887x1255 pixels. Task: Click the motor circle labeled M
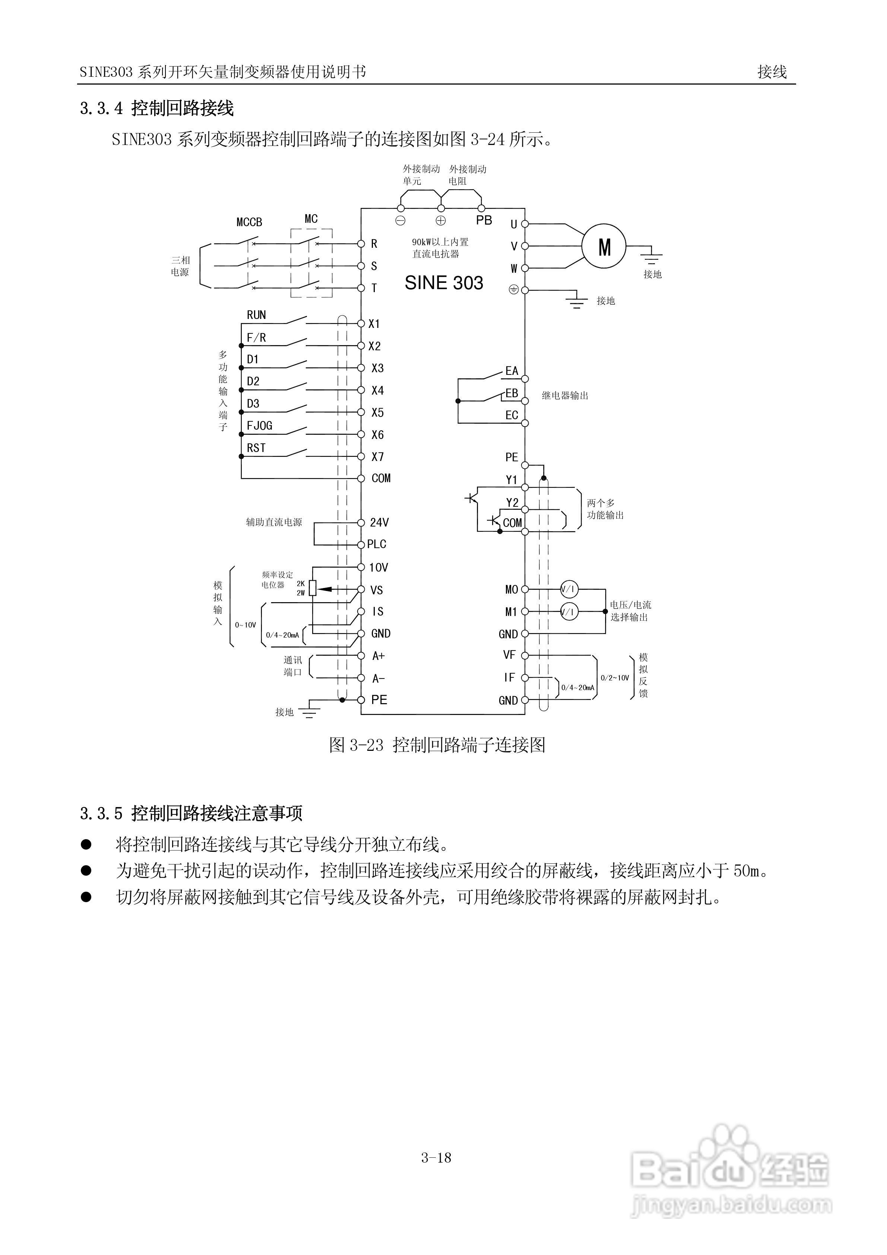[x=604, y=247]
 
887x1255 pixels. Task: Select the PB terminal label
[x=484, y=220]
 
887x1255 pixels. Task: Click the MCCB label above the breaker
[x=249, y=222]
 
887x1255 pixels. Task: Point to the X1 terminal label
[x=374, y=323]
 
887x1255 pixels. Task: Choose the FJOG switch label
[x=260, y=425]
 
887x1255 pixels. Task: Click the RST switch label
[x=256, y=448]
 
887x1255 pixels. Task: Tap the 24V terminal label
[x=379, y=522]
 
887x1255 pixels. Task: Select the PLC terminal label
[x=377, y=544]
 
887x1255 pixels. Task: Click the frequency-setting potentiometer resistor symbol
[x=313, y=588]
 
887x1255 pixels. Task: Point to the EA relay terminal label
[x=511, y=371]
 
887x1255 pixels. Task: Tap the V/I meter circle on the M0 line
[x=569, y=589]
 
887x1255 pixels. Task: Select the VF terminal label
[x=509, y=655]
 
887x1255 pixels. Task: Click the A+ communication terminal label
[x=378, y=656]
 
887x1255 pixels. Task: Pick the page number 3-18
[x=436, y=1157]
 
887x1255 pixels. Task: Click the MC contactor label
[x=311, y=219]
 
